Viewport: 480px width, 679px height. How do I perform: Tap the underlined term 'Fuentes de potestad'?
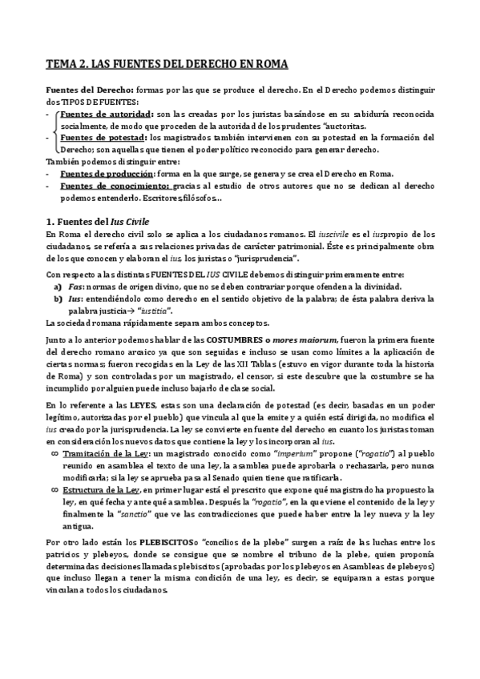(x=102, y=137)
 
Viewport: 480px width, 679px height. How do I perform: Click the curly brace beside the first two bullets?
(x=53, y=131)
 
